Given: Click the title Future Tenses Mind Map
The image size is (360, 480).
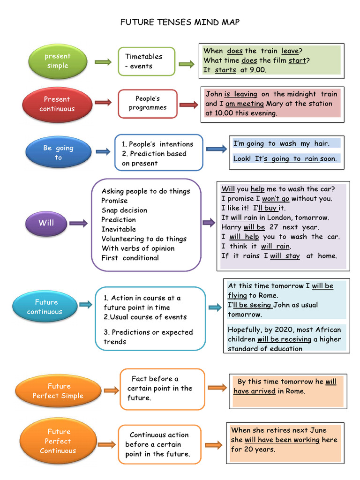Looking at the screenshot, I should pos(180,22).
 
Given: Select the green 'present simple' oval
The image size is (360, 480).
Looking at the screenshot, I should pos(57,61).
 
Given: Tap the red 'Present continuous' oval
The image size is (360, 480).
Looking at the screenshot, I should pos(57,104).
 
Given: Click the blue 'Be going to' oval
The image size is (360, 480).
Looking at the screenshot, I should pos(58,153).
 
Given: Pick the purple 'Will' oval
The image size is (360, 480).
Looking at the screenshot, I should pos(46,223).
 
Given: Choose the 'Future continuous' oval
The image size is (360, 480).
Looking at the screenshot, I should pos(45,307).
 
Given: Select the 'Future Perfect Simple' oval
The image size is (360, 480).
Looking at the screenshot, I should pos(58,391).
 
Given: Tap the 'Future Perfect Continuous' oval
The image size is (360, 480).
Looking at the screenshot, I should pos(58,441).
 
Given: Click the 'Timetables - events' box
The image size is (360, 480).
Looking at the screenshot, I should pos(146,61).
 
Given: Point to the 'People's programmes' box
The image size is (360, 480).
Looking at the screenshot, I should pos(148,103).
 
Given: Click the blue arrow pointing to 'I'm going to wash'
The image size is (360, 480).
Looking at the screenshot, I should pos(216,149).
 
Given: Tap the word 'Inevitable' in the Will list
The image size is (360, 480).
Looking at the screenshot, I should pos(119,229).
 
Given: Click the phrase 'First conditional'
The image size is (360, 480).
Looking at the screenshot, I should pos(130,258).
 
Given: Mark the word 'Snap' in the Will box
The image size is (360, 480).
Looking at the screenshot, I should pos(109,210).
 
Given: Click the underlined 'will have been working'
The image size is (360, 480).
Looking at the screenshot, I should pos(282,440).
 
